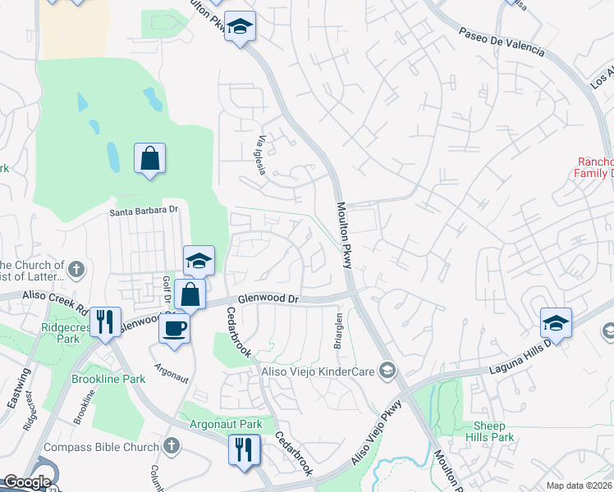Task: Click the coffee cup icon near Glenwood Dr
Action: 173,328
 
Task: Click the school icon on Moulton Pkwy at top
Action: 240,28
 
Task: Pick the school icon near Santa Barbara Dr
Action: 199,260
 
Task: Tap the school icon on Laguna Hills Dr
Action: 556,322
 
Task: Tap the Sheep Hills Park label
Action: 494,431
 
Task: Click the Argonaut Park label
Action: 226,424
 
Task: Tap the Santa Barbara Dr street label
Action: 144,211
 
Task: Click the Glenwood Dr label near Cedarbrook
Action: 265,300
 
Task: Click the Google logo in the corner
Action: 27,483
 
